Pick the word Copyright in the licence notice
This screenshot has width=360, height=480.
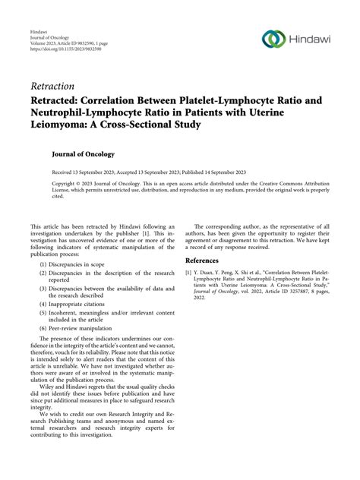(65, 184)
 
